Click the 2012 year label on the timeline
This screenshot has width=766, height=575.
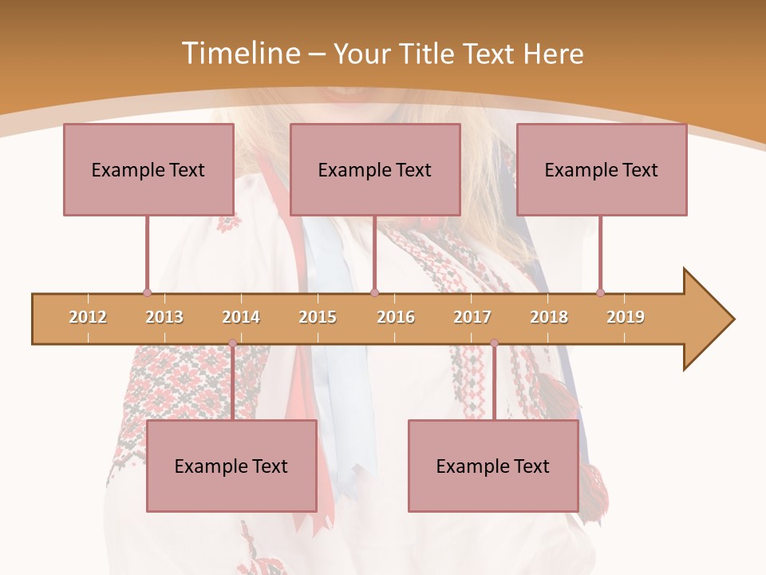pos(88,317)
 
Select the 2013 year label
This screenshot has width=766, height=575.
pos(164,317)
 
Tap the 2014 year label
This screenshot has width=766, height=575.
pos(241,317)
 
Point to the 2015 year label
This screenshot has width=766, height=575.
pos(318,317)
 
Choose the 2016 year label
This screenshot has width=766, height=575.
pos(396,317)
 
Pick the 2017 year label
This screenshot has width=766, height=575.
pos(472,317)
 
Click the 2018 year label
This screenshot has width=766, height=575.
pos(549,317)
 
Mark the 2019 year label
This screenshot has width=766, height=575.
pos(626,317)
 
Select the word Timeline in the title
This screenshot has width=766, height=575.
pos(239,54)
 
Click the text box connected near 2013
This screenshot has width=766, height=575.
pos(148,169)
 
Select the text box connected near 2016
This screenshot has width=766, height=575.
pos(375,169)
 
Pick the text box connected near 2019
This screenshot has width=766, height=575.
pos(602,169)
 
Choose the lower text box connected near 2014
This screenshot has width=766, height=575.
pos(231,466)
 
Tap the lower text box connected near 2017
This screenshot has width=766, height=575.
pos(493,466)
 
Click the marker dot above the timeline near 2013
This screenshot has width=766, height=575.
pos(147,292)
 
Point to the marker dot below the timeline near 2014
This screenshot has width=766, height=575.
pos(232,343)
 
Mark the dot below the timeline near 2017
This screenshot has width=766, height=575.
pos(494,343)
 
